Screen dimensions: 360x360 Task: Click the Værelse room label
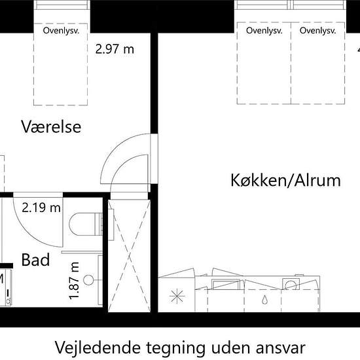pos(51,126)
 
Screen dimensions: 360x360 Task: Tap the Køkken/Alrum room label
pos(285,180)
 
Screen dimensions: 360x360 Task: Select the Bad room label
pos(35,260)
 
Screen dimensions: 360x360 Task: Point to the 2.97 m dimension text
pos(115,49)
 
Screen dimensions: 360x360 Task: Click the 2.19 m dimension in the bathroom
pos(41,208)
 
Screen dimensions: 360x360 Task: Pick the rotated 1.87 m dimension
pos(74,281)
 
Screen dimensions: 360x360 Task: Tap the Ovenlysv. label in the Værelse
pos(61,31)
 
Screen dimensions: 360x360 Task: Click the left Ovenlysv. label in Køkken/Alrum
pos(264,31)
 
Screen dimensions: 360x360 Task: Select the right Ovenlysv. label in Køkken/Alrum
pos(317,31)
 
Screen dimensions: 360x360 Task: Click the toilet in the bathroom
pos(85,224)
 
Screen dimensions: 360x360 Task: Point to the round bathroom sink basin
pos(88,280)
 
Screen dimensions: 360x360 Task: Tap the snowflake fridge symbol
pos(177,296)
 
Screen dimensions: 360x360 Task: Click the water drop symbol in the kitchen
pos(264,300)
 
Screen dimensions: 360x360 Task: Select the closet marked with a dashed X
pos(129,256)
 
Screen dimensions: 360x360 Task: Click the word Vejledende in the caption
pos(98,348)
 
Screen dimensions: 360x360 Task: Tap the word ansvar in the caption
pos(281,348)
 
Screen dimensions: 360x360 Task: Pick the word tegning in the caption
pos(175,348)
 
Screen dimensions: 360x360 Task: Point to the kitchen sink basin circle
pos(291,285)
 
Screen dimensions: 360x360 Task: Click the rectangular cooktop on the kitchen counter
pos(226,284)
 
